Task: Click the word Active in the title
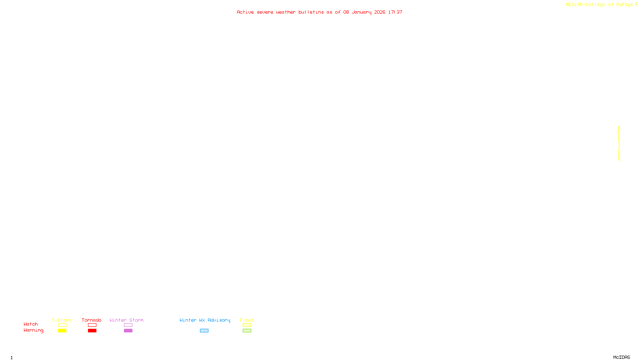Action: click(x=245, y=12)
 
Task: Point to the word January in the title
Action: click(x=361, y=12)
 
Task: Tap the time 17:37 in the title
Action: click(x=395, y=12)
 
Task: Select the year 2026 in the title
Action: click(x=380, y=12)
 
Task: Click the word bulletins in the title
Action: click(x=311, y=12)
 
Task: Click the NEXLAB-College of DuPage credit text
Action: click(x=599, y=4)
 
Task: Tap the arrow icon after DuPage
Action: click(x=636, y=4)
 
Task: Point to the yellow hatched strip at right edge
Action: click(x=619, y=143)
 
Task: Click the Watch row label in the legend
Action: click(x=30, y=324)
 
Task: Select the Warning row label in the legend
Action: click(x=33, y=330)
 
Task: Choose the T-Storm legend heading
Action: click(x=62, y=320)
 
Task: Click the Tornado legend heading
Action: click(x=92, y=320)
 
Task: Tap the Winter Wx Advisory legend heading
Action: click(x=205, y=320)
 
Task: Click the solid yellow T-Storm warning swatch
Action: click(x=62, y=330)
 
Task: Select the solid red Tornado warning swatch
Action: click(x=92, y=330)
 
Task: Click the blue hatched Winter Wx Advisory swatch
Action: click(x=204, y=330)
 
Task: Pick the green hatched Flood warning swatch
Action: click(x=247, y=330)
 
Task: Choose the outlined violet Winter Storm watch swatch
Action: click(x=128, y=325)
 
